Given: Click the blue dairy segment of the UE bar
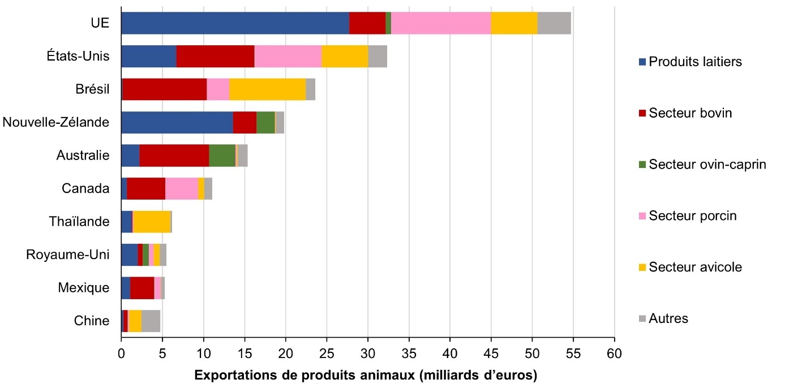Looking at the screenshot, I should tap(235, 23).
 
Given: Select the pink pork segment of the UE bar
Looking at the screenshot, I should tap(441, 23).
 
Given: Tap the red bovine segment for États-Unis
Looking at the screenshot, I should tap(215, 56).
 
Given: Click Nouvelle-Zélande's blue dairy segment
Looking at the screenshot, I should tap(177, 122).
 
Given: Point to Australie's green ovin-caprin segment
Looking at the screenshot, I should tap(222, 156).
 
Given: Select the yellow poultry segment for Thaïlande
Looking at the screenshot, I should tap(152, 222).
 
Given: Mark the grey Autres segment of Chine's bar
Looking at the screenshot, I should tap(151, 321).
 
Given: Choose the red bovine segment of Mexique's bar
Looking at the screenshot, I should tap(142, 288).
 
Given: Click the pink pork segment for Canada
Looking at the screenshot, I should tap(182, 188).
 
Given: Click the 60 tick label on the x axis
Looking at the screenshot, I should tap(614, 354).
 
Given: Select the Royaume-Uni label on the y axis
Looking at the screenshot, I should tap(68, 255).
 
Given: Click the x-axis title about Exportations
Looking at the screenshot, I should tap(366, 375).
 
